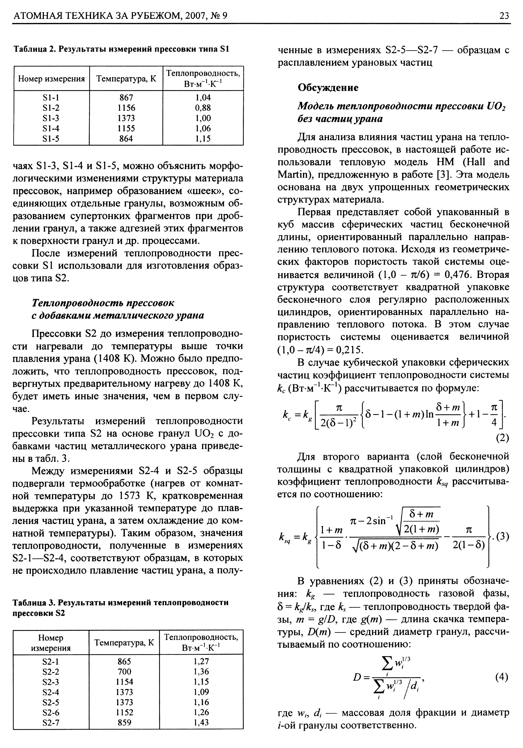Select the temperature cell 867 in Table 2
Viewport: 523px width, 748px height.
pyautogui.click(x=126, y=97)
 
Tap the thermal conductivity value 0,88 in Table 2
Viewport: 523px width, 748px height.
pyautogui.click(x=203, y=108)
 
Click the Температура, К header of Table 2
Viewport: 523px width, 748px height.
pyautogui.click(x=126, y=79)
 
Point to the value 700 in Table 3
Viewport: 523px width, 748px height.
pyautogui.click(x=124, y=671)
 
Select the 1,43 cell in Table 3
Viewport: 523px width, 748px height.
pyautogui.click(x=201, y=722)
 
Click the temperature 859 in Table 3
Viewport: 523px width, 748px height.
pyautogui.click(x=124, y=722)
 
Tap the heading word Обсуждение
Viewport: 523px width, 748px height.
pyautogui.click(x=328, y=88)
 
